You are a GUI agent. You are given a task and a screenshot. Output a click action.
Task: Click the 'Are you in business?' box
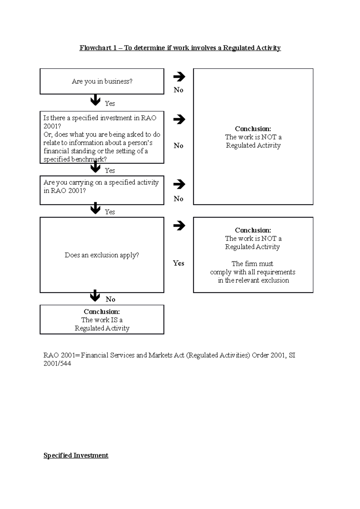pos(102,81)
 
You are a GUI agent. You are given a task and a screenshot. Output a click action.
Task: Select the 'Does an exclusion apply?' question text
pos(102,255)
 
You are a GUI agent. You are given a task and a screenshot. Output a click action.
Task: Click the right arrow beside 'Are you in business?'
pos(179,77)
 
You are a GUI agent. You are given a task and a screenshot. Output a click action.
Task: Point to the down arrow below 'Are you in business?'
pos(95,100)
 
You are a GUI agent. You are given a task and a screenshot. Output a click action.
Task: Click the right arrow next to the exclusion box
pos(179,225)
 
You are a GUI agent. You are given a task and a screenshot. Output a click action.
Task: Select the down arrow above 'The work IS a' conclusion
pos(95,296)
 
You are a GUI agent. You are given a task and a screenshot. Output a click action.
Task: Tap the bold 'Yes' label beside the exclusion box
pos(178,263)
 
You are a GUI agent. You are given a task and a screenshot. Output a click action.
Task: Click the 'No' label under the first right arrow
pos(178,90)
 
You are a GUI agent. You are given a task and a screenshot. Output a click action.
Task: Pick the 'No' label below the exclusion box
pos(110,299)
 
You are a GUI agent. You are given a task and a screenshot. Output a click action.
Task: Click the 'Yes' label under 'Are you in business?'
pos(110,103)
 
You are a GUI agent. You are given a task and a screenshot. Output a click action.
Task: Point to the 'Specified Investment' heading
pos(76,455)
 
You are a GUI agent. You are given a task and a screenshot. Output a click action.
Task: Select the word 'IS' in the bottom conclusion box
pos(114,320)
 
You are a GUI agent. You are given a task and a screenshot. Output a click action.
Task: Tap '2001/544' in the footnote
pos(57,364)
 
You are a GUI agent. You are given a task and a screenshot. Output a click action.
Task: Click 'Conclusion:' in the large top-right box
pos(253,129)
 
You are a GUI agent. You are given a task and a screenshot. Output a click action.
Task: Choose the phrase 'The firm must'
pos(252,264)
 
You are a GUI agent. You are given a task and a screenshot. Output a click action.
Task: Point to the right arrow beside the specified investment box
pos(179,119)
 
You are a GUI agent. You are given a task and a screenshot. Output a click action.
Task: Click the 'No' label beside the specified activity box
pos(178,199)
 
